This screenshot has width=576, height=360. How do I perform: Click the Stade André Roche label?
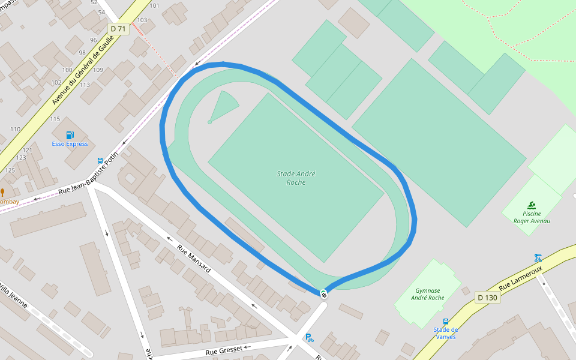[296, 178]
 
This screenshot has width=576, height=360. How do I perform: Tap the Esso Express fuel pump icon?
[70, 135]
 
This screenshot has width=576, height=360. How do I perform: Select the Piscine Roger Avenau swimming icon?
[532, 205]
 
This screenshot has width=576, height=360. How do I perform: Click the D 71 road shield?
[119, 29]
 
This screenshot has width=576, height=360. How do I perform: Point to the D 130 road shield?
[487, 297]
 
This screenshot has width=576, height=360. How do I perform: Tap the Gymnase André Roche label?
[428, 294]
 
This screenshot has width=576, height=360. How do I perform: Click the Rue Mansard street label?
[194, 259]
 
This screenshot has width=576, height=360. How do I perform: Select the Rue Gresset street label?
[224, 350]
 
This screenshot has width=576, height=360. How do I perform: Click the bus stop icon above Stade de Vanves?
[445, 322]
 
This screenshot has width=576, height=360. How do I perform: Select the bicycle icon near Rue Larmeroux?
[538, 258]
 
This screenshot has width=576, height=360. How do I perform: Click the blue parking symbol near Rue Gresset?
[309, 338]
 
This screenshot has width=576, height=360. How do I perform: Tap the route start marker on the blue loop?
[323, 293]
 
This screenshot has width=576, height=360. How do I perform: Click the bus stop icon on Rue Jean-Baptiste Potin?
[100, 161]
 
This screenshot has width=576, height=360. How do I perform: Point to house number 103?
[142, 20]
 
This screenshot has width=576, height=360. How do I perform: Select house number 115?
[55, 119]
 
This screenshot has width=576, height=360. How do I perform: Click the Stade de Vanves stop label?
[445, 333]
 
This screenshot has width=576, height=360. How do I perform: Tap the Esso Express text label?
[70, 144]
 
